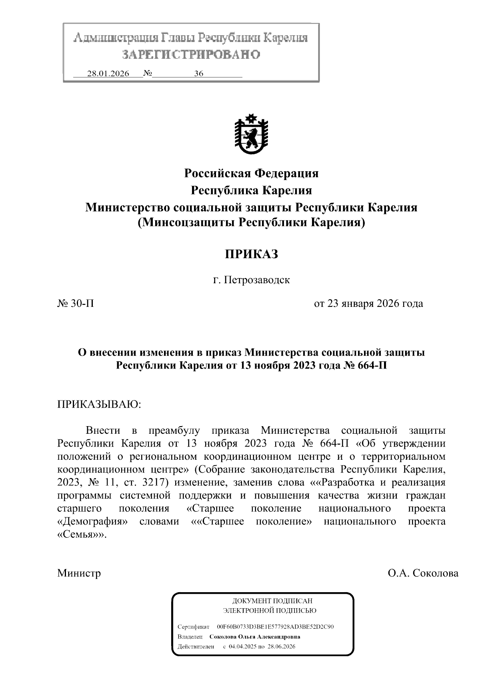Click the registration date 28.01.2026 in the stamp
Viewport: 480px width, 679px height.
click(108, 74)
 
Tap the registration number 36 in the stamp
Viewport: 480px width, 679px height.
click(199, 74)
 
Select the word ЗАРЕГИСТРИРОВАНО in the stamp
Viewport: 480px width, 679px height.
click(191, 54)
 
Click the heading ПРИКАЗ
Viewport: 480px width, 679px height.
click(251, 254)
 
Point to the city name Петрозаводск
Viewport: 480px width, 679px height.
click(256, 280)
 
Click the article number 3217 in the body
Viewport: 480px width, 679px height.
click(154, 482)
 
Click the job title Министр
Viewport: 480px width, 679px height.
click(79, 573)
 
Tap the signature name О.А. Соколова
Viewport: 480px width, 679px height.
click(423, 573)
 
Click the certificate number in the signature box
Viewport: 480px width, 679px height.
click(275, 627)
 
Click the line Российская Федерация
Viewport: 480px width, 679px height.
click(251, 173)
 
